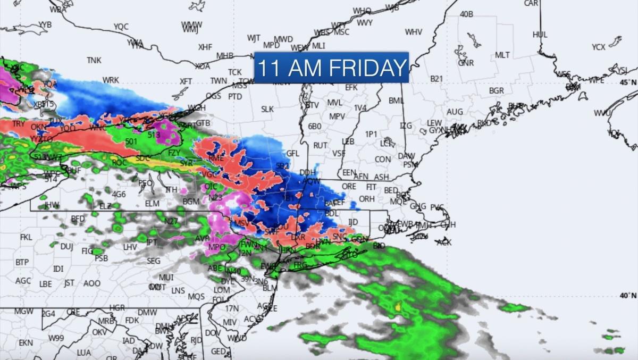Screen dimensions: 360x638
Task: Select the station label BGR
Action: pos(496,91)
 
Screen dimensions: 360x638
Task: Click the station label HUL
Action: pos(540,35)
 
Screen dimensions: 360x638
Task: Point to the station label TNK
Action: pos(94,60)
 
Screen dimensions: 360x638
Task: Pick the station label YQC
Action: pos(121,27)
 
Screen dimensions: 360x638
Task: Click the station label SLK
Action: pos(267,109)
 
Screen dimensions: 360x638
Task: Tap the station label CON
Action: pos(383,160)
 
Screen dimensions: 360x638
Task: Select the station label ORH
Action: pos(366,199)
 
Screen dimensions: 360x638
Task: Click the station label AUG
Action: pos(455,112)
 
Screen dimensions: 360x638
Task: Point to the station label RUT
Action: pos(320,145)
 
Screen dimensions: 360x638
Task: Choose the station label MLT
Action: pos(502,55)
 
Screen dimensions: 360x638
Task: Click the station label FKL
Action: pos(26,237)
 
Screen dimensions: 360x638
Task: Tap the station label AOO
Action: pos(91,283)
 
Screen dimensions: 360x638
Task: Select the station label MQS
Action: pos(196,296)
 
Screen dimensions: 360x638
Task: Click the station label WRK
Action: pos(111,80)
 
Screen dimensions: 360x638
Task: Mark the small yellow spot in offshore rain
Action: pos(398,306)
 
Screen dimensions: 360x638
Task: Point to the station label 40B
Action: pos(466,14)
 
